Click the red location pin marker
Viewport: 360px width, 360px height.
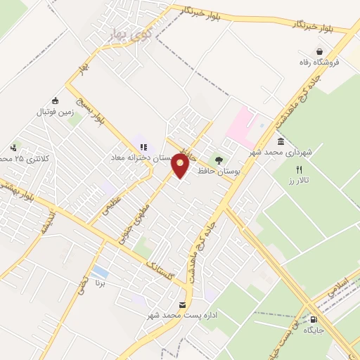point(181,166)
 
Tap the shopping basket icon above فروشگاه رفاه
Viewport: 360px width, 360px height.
point(320,52)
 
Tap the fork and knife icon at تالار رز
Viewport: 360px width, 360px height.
point(299,169)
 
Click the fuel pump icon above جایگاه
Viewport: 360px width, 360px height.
point(313,318)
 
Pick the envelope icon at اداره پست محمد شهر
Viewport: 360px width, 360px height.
point(183,304)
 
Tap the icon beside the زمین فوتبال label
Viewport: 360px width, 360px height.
point(56,100)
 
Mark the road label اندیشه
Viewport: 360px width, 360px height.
point(46,224)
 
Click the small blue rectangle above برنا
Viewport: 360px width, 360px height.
point(101,271)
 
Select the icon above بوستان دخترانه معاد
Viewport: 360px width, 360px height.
point(143,147)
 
